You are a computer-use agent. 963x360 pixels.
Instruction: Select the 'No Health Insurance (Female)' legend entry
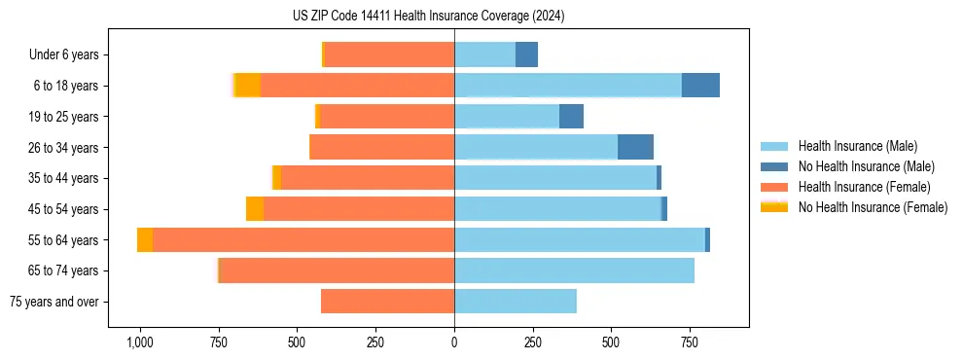pos(873,207)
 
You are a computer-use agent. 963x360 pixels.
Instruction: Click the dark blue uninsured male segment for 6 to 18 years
pos(700,86)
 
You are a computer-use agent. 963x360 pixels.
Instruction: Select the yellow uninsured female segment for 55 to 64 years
pos(145,240)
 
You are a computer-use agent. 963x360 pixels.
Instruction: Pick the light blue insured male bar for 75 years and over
pos(516,302)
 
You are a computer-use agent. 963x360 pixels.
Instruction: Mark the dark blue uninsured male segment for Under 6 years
pos(526,54)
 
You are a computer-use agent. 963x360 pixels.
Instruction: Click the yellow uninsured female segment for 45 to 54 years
pos(255,209)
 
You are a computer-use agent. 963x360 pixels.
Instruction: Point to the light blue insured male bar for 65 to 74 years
pos(574,270)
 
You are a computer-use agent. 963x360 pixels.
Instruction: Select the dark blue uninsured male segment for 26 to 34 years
pos(635,147)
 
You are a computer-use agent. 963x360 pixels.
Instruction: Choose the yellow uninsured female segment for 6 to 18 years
pos(248,86)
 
